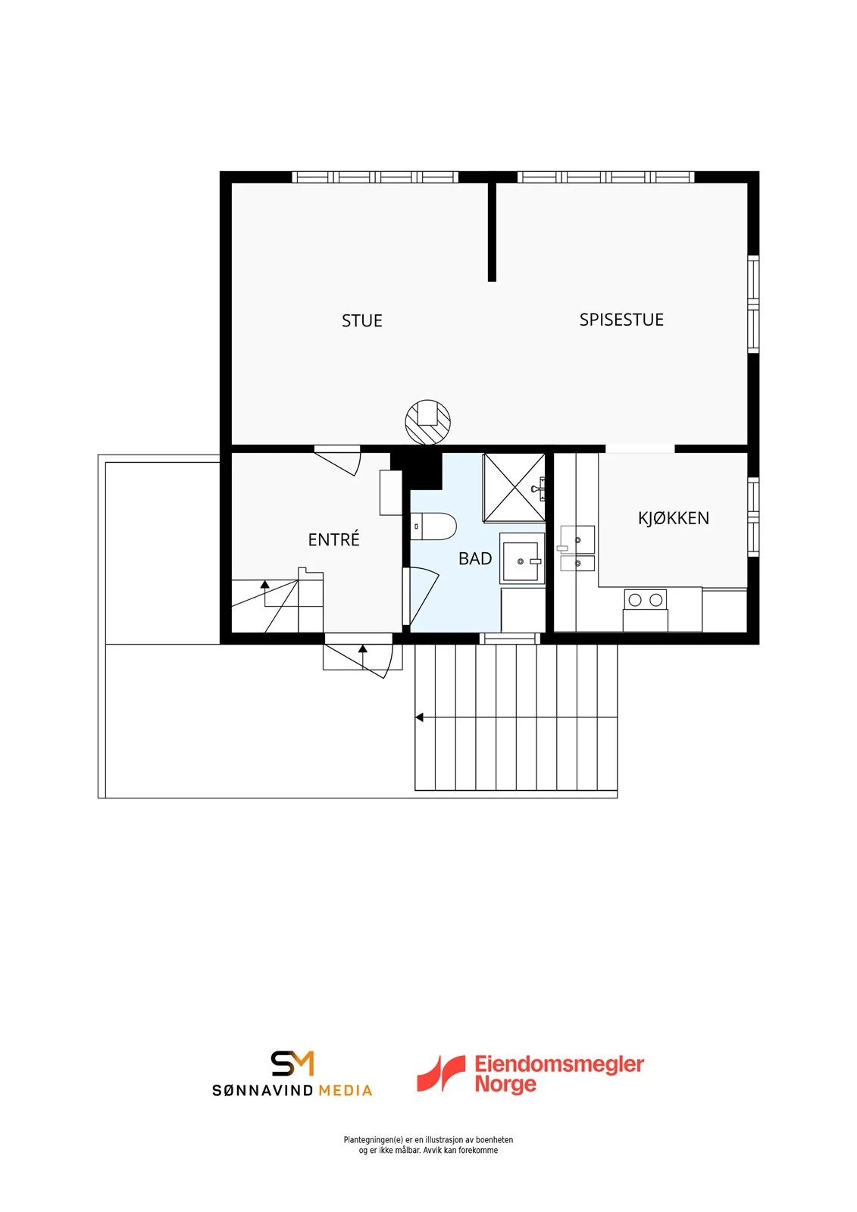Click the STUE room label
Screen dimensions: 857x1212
point(361,321)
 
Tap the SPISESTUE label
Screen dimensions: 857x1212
point(621,320)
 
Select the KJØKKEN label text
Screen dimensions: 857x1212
point(673,518)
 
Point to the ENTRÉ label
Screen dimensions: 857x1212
point(333,539)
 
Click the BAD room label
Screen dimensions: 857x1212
point(475,558)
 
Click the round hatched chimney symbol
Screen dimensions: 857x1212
point(427,422)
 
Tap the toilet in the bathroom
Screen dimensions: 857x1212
point(433,526)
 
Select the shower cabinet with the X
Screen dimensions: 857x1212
point(514,488)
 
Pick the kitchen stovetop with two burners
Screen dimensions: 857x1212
point(646,599)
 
